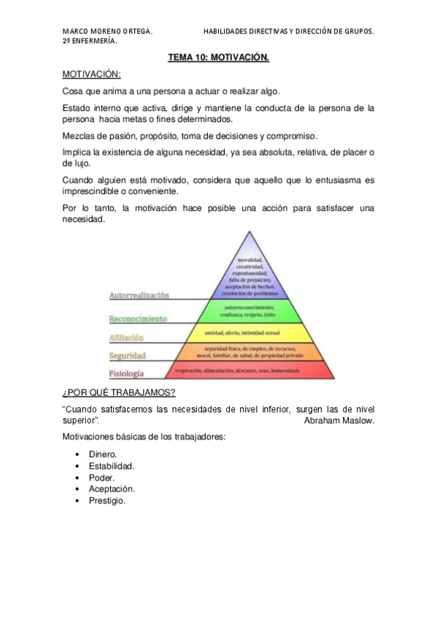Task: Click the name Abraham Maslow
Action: click(339, 421)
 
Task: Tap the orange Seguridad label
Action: click(128, 355)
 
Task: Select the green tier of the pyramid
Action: click(252, 311)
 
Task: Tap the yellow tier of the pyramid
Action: click(252, 333)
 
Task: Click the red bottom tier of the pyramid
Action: click(252, 371)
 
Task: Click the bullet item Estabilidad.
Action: click(112, 466)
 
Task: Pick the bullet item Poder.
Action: click(101, 477)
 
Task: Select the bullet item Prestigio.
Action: click(107, 501)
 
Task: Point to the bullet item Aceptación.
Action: click(112, 489)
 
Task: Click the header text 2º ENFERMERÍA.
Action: click(90, 41)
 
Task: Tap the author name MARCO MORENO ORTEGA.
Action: click(107, 31)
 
